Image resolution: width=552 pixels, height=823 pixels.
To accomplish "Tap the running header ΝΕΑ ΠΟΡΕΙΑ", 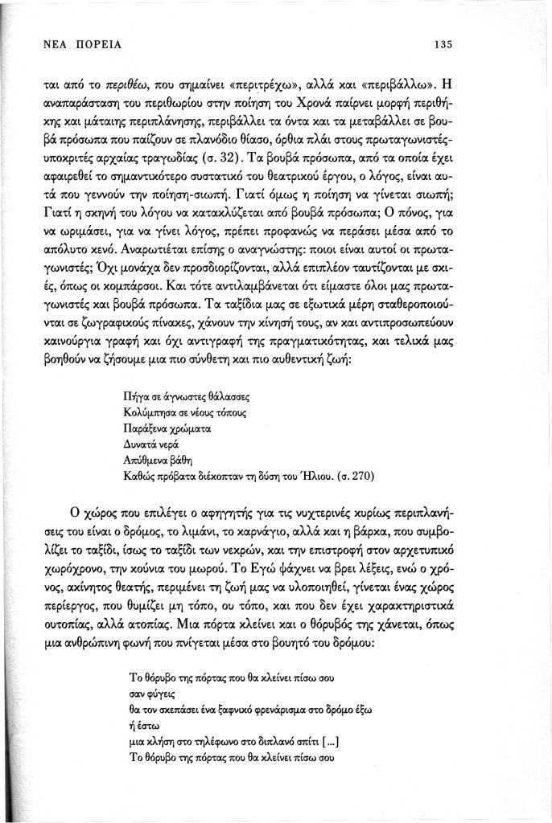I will pyautogui.click(x=76, y=44).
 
